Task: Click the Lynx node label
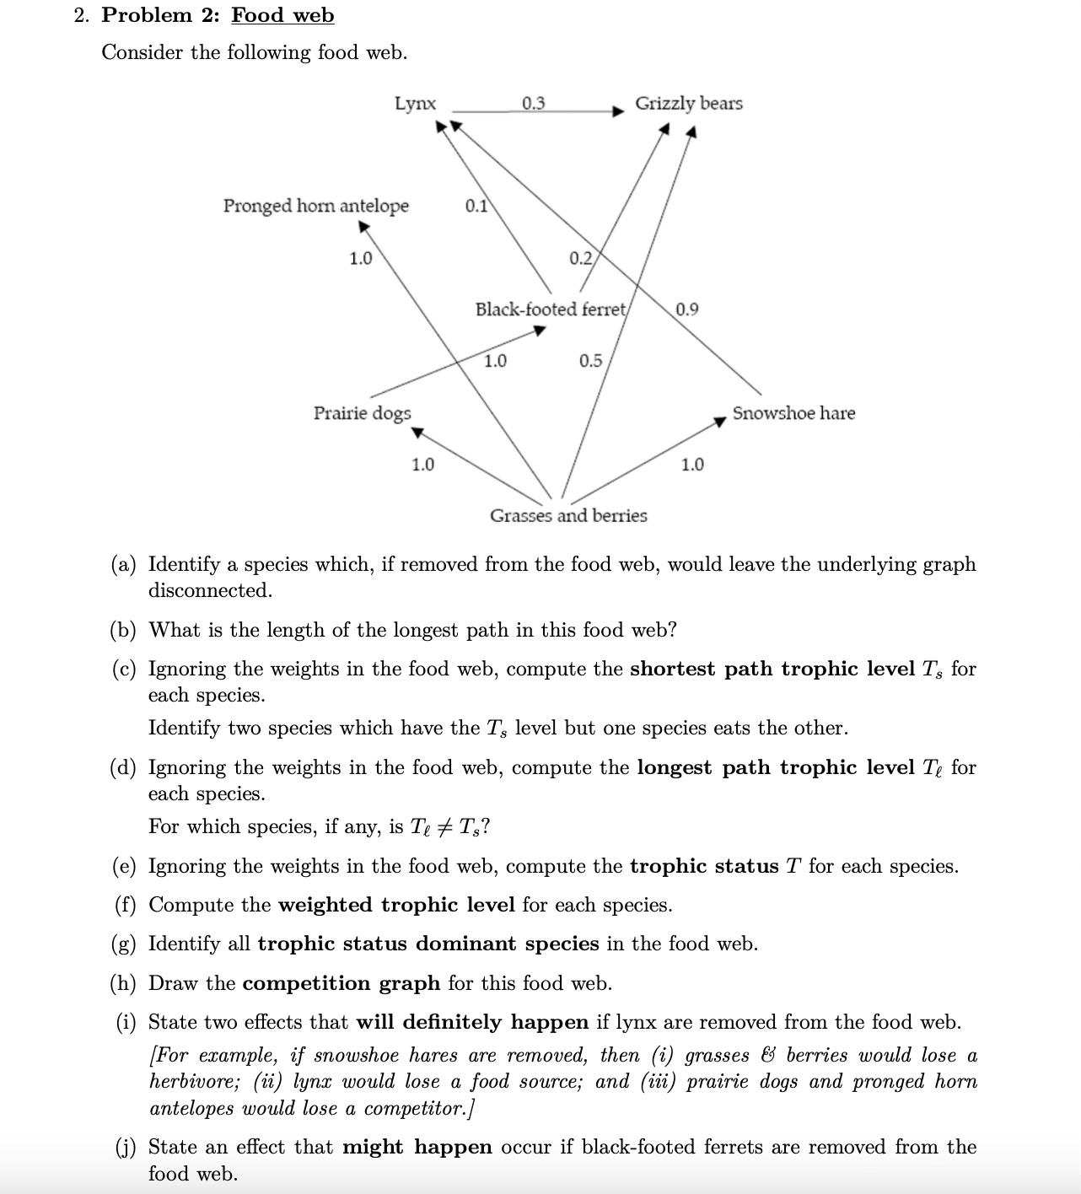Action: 416,104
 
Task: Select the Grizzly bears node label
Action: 688,104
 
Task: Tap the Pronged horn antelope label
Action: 315,206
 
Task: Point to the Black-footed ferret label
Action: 551,309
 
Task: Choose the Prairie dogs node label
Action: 362,413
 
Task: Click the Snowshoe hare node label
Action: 793,413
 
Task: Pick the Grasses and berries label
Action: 568,515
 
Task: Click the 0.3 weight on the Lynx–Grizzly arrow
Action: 533,104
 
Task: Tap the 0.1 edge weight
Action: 476,206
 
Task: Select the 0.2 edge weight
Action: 580,258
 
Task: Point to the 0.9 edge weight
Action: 686,309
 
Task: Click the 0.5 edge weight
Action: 590,361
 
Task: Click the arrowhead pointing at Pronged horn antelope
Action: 363,227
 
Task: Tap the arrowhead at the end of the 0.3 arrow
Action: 619,110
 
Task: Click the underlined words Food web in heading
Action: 282,15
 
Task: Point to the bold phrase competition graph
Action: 341,983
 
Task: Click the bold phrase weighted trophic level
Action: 396,905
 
